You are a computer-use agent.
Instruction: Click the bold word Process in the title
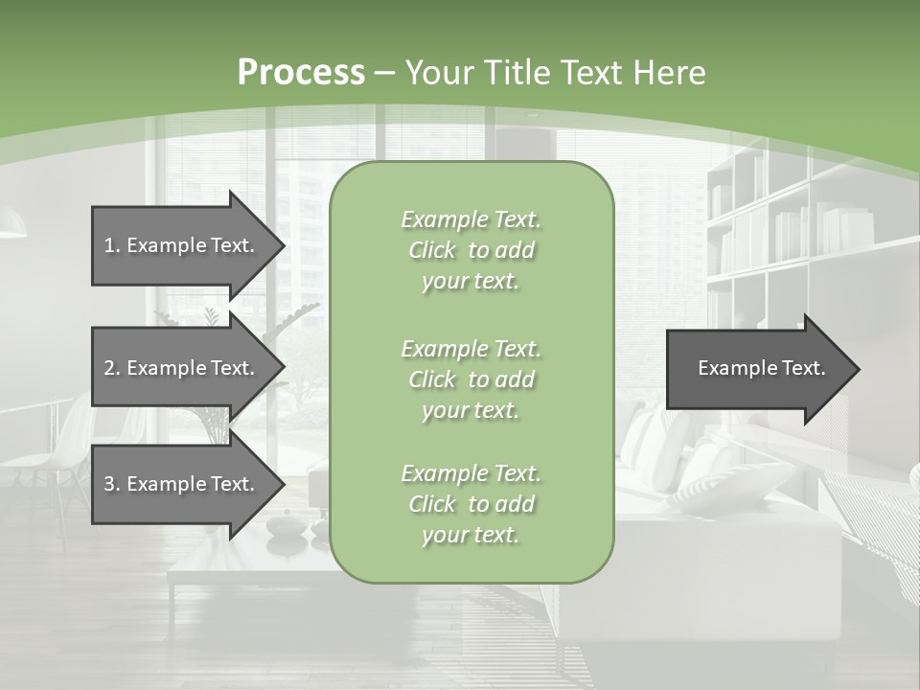(301, 72)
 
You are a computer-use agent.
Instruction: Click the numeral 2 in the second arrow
(109, 368)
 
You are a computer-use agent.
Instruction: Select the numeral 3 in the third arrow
(109, 484)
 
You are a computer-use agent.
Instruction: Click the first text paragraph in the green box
(471, 250)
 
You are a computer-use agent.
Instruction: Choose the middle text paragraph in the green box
(471, 379)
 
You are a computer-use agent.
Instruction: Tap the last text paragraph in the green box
(471, 504)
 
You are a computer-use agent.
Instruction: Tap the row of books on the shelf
(824, 230)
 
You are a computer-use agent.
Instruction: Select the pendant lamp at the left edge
(11, 226)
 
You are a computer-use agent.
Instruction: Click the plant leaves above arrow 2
(287, 316)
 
